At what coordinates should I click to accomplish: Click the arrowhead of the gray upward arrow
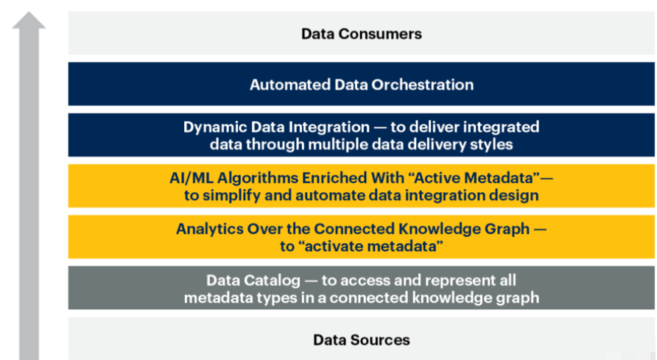tap(29, 20)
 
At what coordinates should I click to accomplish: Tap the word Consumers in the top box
tap(380, 34)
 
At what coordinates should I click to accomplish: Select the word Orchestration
tap(423, 85)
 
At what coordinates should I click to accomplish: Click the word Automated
tap(290, 85)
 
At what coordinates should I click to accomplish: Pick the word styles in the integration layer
tap(491, 144)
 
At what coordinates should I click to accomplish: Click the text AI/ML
tap(192, 178)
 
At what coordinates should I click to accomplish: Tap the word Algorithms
tap(258, 178)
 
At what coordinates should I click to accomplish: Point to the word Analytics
tap(209, 229)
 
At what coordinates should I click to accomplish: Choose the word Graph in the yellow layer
tap(507, 229)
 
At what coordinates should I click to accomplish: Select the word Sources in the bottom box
tap(380, 340)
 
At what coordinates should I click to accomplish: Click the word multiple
tap(338, 144)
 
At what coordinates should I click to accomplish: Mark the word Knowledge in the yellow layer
tap(440, 229)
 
